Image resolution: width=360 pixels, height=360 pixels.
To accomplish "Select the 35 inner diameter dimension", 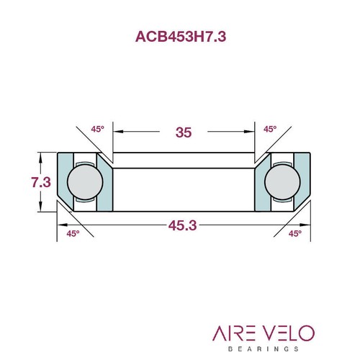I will tap(184, 132).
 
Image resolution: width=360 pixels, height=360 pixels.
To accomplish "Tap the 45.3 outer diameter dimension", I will tap(183, 225).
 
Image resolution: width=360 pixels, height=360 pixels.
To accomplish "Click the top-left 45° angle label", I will tap(97, 129).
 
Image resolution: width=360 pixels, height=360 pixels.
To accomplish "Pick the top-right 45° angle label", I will tap(270, 129).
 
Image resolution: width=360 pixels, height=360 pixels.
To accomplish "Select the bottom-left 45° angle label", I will tap(73, 233).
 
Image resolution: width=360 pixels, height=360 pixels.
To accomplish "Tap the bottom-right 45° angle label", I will tap(294, 233).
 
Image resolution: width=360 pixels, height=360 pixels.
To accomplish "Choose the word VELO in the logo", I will tap(287, 333).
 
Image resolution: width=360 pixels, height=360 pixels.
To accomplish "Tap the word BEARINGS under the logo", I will tap(262, 348).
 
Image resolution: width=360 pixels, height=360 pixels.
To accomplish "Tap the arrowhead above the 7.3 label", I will tap(41, 157).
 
